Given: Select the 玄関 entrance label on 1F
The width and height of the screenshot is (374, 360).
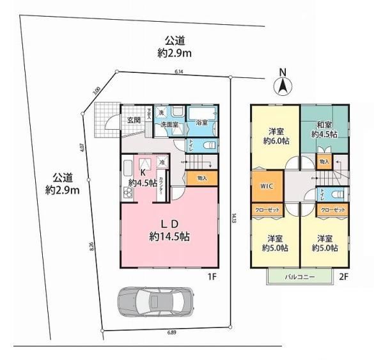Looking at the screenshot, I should pyautogui.click(x=134, y=120).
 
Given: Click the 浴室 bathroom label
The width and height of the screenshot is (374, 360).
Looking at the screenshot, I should pyautogui.click(x=202, y=122).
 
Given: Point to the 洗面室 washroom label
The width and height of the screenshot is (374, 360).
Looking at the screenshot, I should pyautogui.click(x=169, y=123).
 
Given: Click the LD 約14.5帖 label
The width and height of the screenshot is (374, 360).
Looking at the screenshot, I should pyautogui.click(x=169, y=230).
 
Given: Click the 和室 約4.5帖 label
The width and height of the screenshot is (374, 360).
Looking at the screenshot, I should pyautogui.click(x=324, y=129).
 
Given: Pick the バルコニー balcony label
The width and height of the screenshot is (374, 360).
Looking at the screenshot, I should pyautogui.click(x=299, y=278).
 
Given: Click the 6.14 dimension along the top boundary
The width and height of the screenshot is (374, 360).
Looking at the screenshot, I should pyautogui.click(x=178, y=72).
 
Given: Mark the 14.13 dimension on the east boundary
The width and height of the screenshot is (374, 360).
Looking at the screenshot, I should pyautogui.click(x=235, y=217).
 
